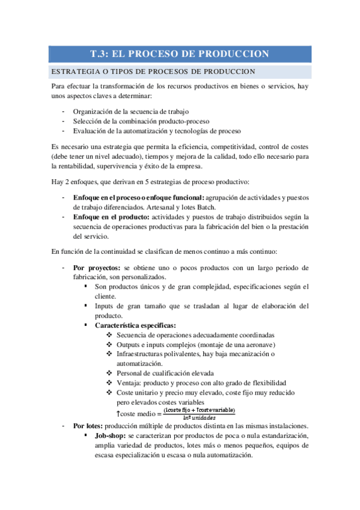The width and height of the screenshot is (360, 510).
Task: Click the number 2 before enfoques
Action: (66, 182)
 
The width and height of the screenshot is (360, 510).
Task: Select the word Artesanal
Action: (160, 207)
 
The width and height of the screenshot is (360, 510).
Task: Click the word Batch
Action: (204, 207)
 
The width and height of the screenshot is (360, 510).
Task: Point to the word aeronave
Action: (257, 345)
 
